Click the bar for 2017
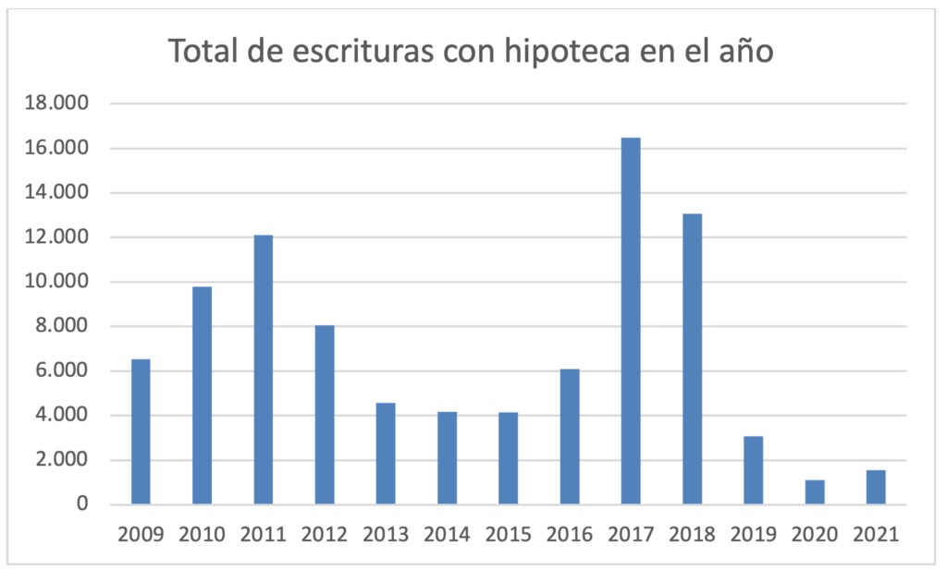(x=631, y=321)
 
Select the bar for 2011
(x=263, y=370)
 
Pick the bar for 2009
(x=141, y=431)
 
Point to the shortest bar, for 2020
(x=815, y=492)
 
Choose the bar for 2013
(x=386, y=454)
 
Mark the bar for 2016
(x=570, y=436)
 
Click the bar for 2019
(x=754, y=470)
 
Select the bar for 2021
(x=876, y=487)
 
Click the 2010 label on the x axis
(x=202, y=534)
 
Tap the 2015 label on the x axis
(x=509, y=534)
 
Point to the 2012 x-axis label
(x=325, y=534)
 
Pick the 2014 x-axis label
(x=447, y=534)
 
